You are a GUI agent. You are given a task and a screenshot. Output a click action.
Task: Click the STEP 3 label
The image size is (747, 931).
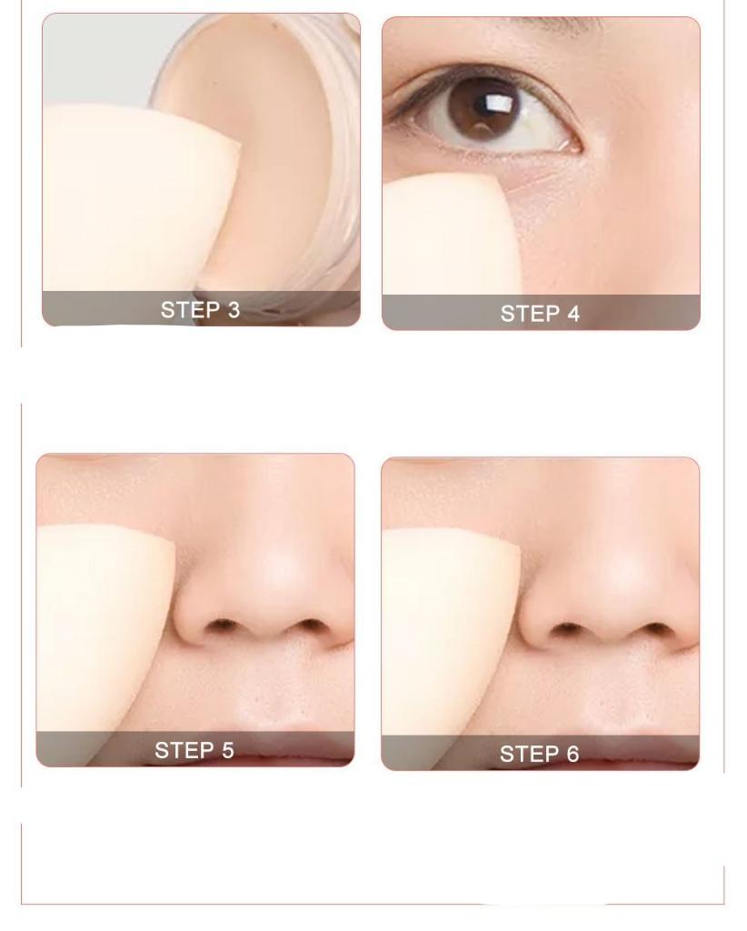pos(201,310)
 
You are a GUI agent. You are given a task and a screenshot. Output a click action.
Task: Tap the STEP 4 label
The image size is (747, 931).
pos(540,314)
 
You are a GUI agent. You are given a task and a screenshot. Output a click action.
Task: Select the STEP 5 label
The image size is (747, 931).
pos(194,750)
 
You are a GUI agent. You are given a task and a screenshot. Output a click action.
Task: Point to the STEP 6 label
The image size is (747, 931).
pos(539,754)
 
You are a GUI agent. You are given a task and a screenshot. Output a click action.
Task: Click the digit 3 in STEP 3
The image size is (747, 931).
pos(234,310)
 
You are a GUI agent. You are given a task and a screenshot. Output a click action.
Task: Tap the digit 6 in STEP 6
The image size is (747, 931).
pos(573,754)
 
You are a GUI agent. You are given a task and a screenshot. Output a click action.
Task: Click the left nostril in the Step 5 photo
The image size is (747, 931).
pos(224,625)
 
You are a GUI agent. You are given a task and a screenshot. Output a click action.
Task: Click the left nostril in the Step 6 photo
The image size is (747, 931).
pos(568,628)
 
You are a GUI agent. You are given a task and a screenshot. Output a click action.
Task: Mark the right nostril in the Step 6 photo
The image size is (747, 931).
pos(656,629)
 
